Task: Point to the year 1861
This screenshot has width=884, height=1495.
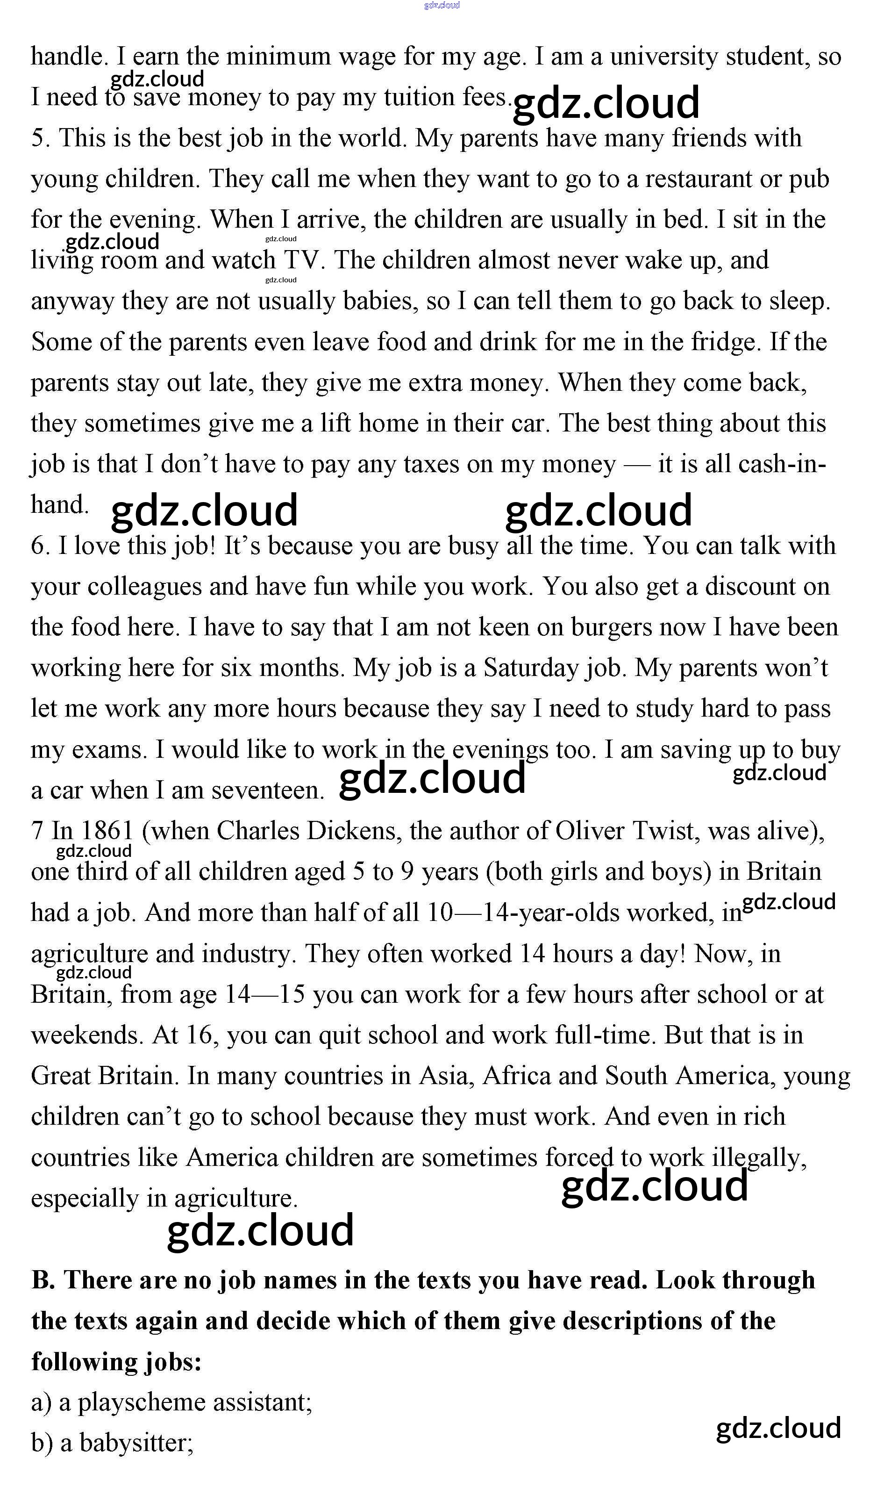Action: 107,831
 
